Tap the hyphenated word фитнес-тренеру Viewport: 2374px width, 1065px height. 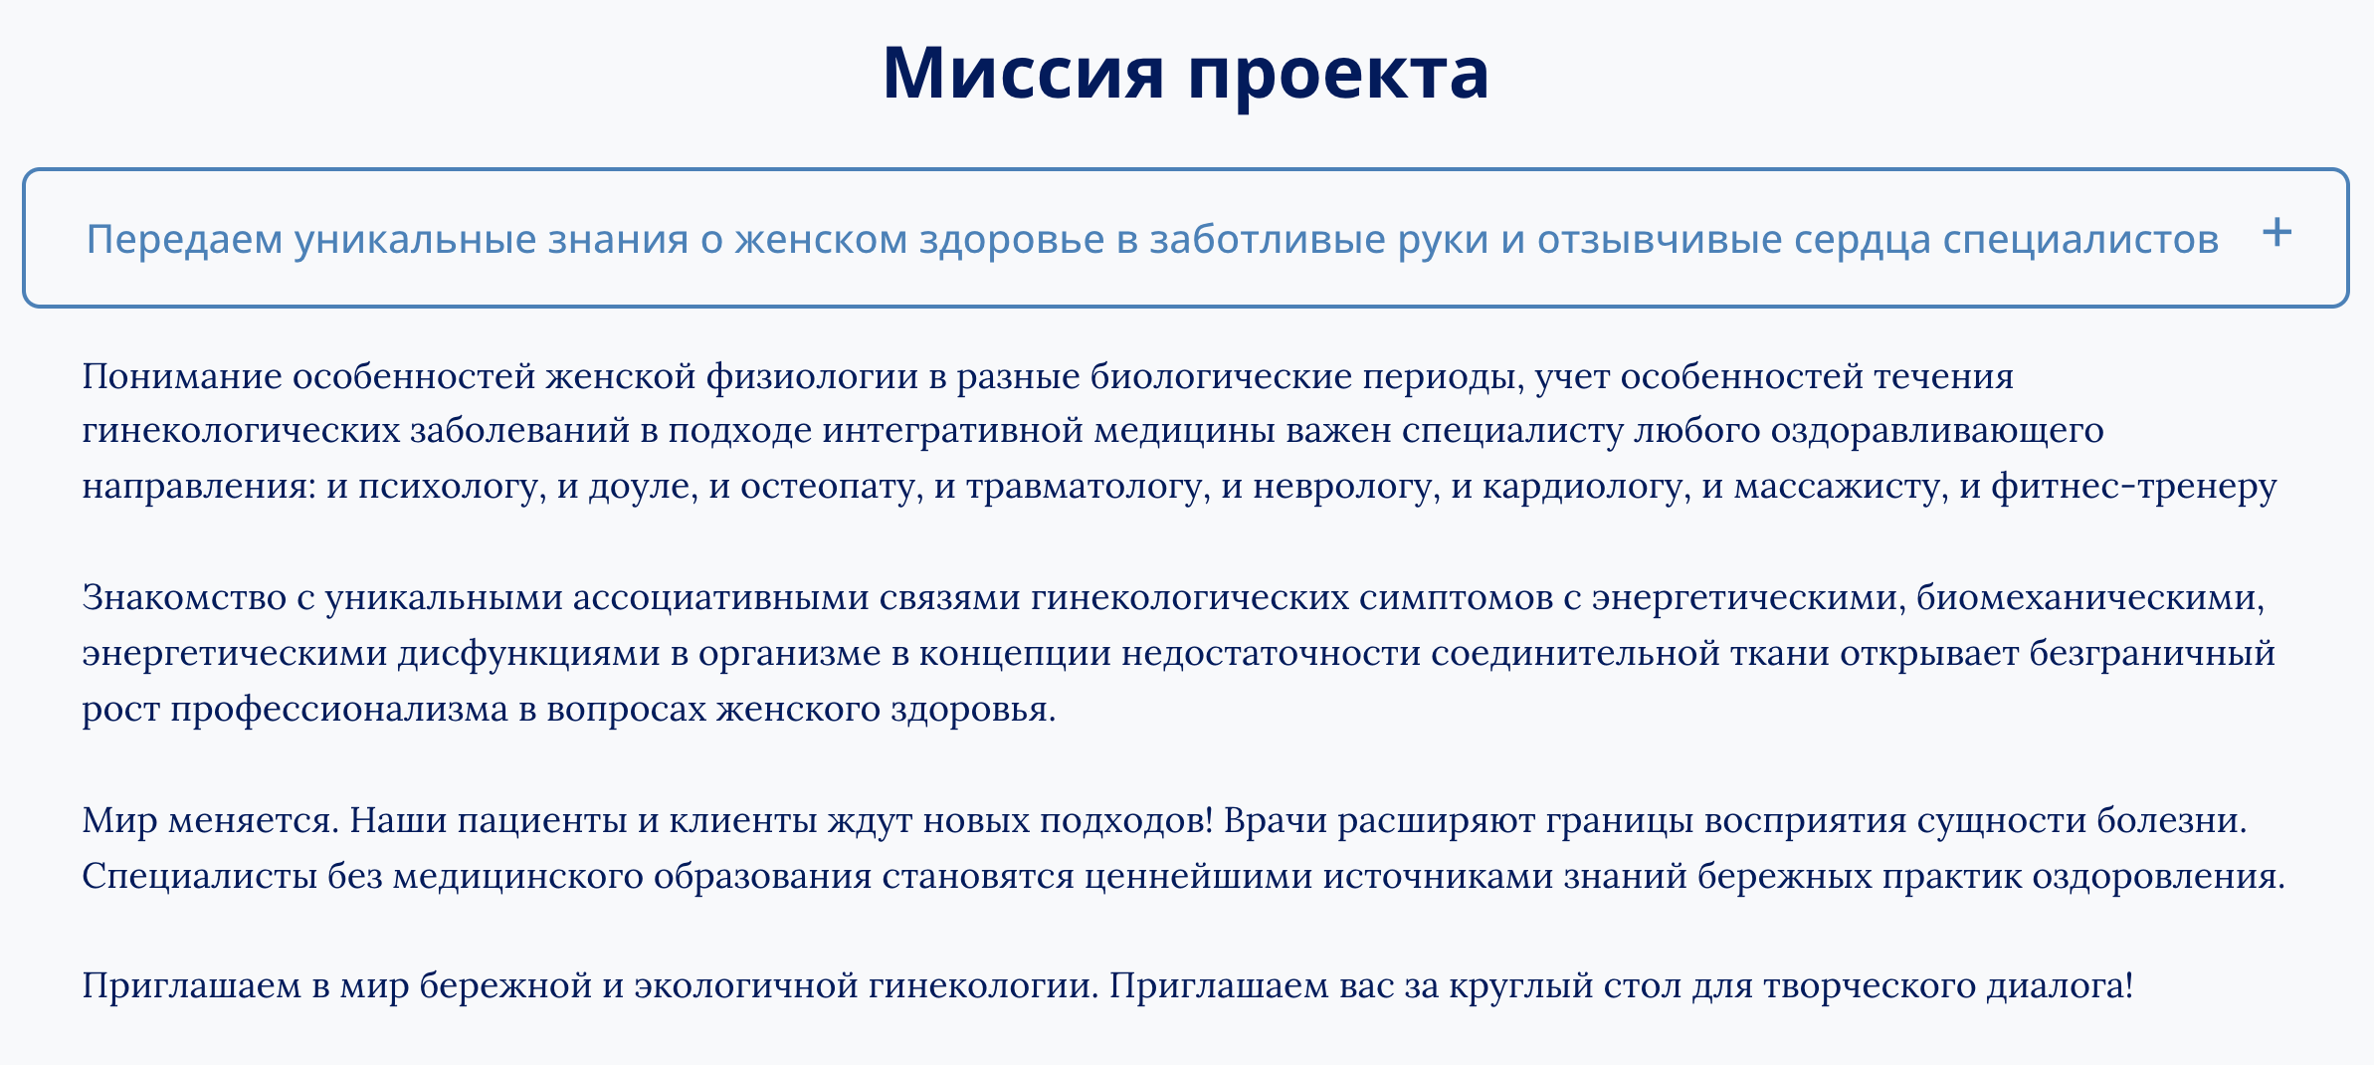pyautogui.click(x=2134, y=487)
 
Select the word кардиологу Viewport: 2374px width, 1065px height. pyautogui.click(x=1587, y=487)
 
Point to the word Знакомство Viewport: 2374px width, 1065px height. pyautogui.click(x=184, y=597)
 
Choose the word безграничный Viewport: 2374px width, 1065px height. pyautogui.click(x=2152, y=653)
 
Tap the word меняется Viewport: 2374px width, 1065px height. pyautogui.click(x=255, y=821)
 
